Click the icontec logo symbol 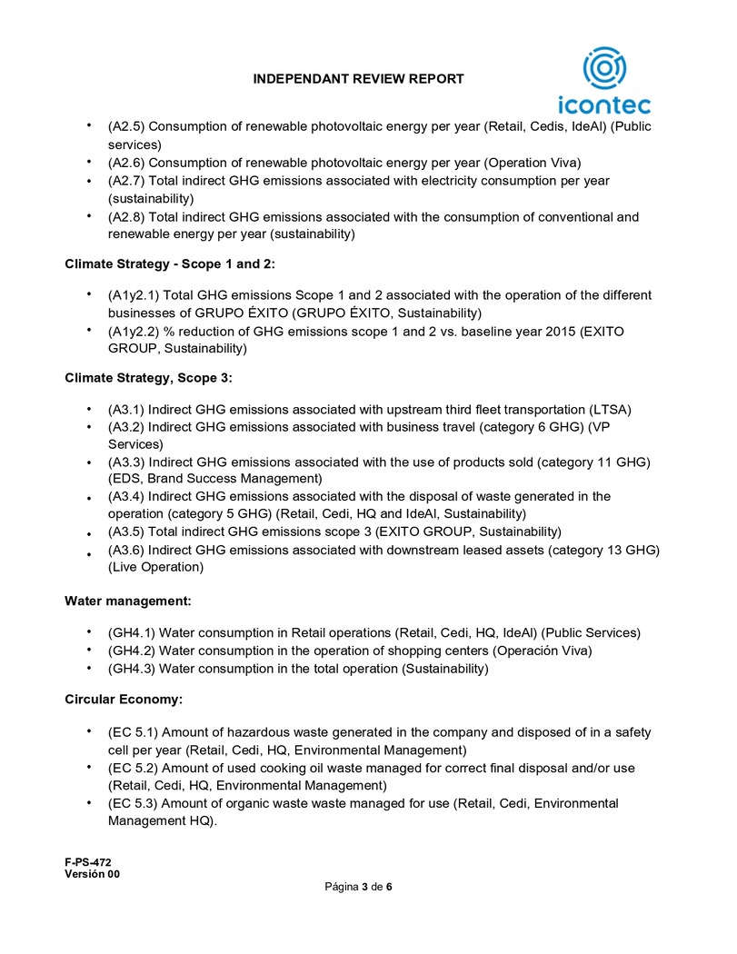click(x=603, y=69)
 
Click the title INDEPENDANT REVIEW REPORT click(x=359, y=79)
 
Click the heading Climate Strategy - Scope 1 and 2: click(x=170, y=264)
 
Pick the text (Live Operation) click(x=155, y=568)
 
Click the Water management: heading click(x=127, y=601)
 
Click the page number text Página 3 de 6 click(x=359, y=887)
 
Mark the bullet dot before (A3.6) click(x=89, y=553)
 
